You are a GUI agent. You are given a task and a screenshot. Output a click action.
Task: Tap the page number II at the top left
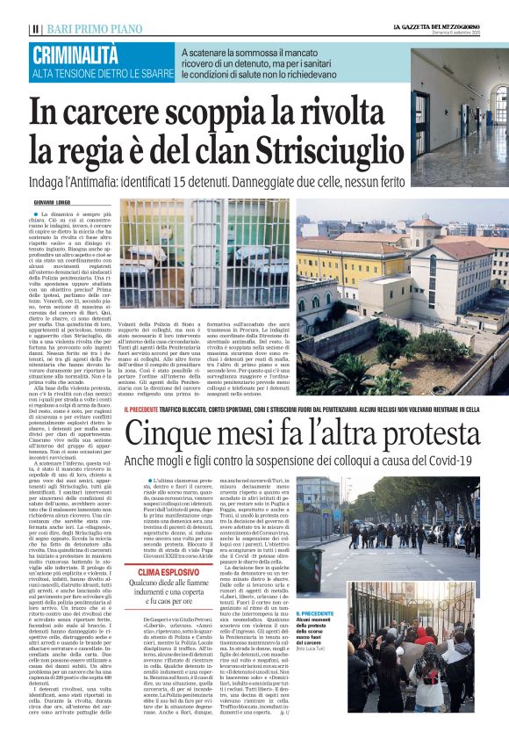click(34, 29)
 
